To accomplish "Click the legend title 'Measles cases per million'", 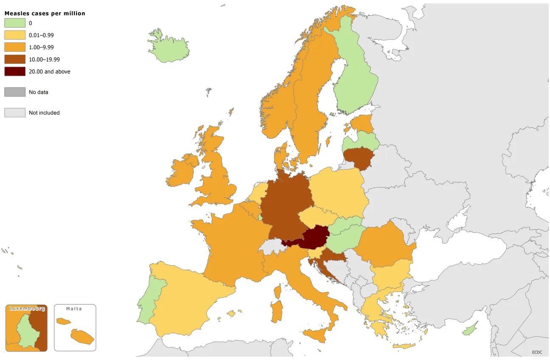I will [45, 14].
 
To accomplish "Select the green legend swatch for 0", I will [15, 23].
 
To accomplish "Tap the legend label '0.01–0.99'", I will [41, 36].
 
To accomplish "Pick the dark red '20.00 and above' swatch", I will [15, 72].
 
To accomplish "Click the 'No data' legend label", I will [39, 92].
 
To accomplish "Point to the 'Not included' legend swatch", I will [15, 113].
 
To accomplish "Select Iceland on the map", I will [169, 46].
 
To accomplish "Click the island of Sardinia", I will [277, 311].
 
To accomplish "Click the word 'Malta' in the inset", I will [74, 309].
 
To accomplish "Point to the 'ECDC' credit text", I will [537, 352].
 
